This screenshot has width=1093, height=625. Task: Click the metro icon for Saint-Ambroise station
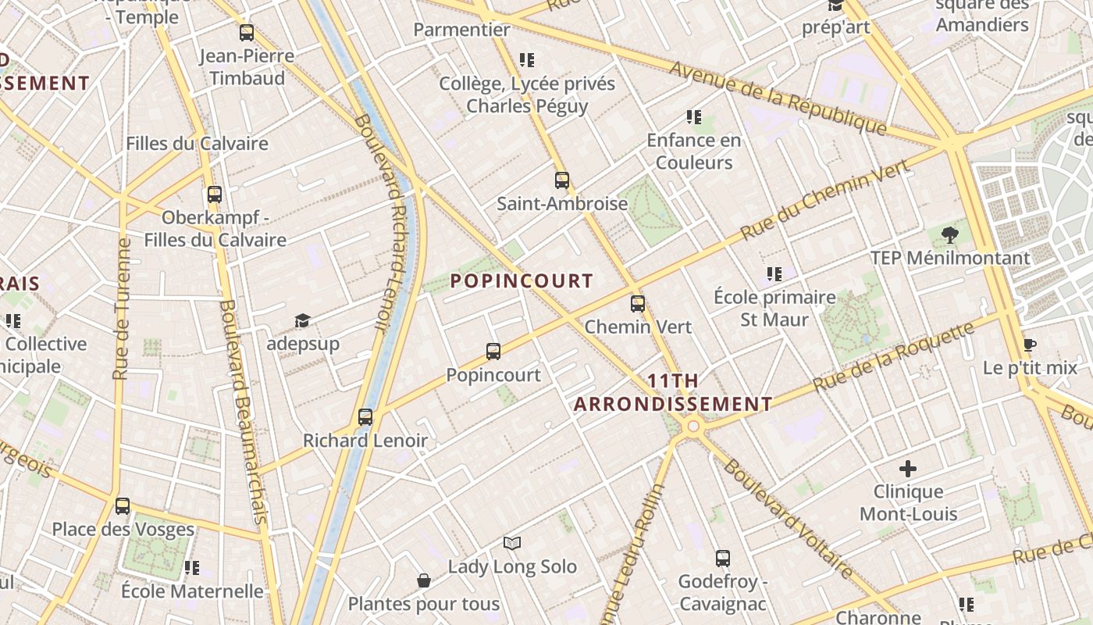tap(561, 180)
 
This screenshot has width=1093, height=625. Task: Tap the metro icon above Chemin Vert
tap(638, 303)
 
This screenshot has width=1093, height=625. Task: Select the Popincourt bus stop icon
tap(493, 352)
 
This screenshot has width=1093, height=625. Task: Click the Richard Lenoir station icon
tap(365, 417)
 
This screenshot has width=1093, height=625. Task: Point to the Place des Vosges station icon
tap(123, 506)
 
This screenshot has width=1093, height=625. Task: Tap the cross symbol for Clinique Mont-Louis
tap(907, 469)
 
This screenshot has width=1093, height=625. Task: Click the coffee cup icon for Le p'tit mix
tap(1030, 345)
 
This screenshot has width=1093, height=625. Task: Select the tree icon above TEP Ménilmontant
tap(949, 234)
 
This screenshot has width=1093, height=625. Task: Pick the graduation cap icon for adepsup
tap(302, 320)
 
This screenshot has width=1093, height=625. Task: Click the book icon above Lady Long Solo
tap(512, 543)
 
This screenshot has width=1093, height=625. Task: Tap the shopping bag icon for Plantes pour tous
tap(423, 580)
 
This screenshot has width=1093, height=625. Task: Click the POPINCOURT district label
tap(522, 281)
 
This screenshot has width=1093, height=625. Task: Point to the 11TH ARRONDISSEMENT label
tap(673, 393)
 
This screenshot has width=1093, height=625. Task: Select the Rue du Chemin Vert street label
tap(825, 200)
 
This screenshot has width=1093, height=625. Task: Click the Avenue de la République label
tap(778, 98)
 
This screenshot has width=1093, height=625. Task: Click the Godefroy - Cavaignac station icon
tap(723, 559)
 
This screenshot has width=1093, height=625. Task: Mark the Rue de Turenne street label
tap(122, 309)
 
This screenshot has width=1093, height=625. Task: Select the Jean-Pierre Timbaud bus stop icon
tap(247, 33)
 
